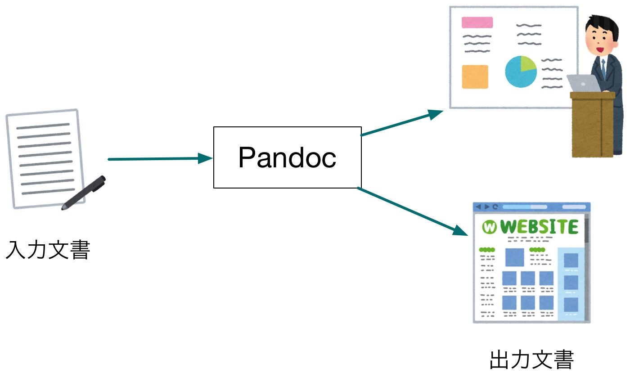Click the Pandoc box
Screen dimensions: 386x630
[287, 157]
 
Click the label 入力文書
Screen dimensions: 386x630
[48, 250]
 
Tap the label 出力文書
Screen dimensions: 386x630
[531, 360]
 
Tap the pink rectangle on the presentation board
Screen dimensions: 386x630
[477, 22]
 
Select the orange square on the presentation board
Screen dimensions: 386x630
[475, 76]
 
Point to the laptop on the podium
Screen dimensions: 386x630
[583, 83]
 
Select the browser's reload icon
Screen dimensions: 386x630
[495, 207]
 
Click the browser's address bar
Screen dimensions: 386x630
[525, 207]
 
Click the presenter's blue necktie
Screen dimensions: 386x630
[603, 63]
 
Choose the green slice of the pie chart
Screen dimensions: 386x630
[527, 64]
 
